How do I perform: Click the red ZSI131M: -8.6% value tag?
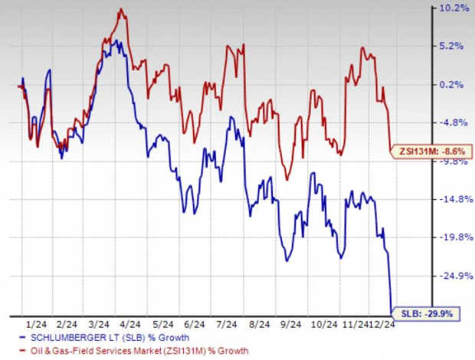pos(430,152)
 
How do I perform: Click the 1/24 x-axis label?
pos(35,324)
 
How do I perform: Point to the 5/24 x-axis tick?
pos(165,324)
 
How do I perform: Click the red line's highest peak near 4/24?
pos(122,10)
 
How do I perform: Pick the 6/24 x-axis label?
pos(198,324)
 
